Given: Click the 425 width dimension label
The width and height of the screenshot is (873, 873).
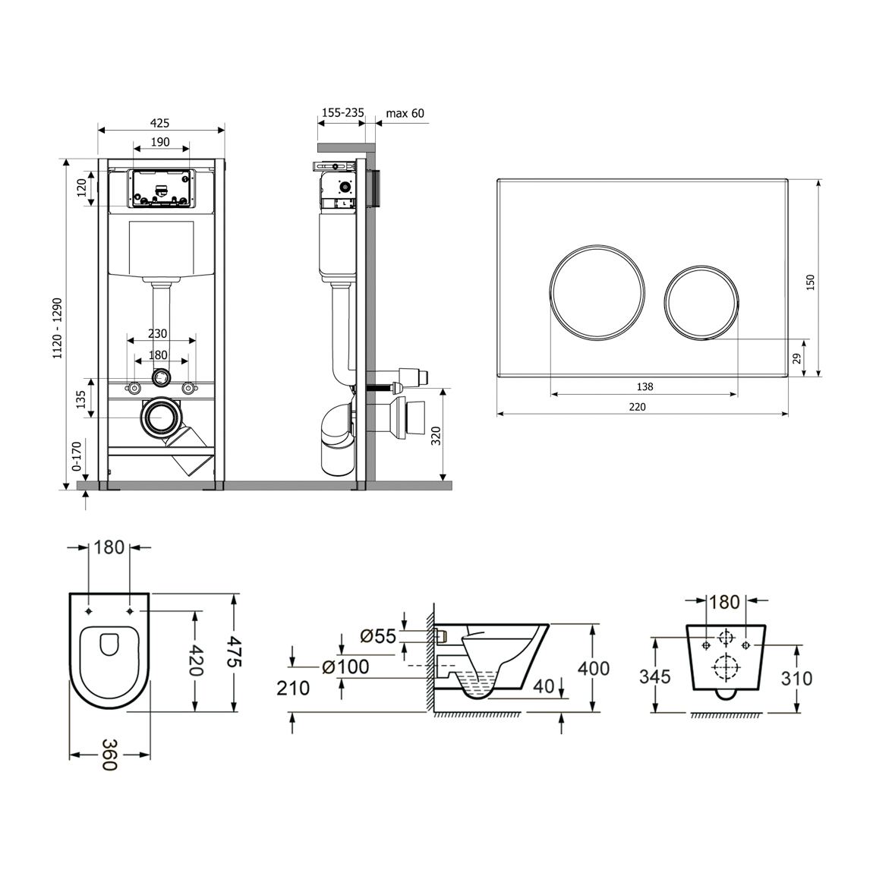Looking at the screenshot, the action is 159,123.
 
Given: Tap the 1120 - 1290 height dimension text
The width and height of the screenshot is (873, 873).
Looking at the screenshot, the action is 58,329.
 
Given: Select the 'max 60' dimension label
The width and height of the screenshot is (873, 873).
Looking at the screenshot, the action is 405,114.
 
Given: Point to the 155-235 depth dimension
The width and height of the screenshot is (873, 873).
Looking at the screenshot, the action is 343,112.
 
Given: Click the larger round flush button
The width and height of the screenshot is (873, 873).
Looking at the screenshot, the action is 597,292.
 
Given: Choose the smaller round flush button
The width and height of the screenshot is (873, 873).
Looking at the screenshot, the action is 701,301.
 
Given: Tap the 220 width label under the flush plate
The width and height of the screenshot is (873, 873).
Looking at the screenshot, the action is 637,407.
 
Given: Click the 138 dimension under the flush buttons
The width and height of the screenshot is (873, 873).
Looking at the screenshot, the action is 645,387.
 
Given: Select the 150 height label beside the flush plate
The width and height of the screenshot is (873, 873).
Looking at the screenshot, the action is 810,282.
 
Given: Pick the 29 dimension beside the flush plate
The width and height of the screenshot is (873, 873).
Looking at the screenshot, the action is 797,358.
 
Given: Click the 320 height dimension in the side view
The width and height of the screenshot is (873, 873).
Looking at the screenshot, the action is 436,435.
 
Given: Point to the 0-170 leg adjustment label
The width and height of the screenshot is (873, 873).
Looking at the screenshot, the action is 76,456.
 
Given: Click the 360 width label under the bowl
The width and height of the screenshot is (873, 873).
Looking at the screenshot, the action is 109,755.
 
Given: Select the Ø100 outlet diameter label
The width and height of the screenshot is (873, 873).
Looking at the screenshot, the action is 345,667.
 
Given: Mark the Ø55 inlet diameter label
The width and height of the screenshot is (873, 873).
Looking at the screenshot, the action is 378,636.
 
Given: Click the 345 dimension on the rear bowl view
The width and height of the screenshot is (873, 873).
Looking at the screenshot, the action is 655,677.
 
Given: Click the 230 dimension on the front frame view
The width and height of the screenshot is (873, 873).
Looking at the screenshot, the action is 158,333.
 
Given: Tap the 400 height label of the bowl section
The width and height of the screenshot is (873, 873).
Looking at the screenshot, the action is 594,668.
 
